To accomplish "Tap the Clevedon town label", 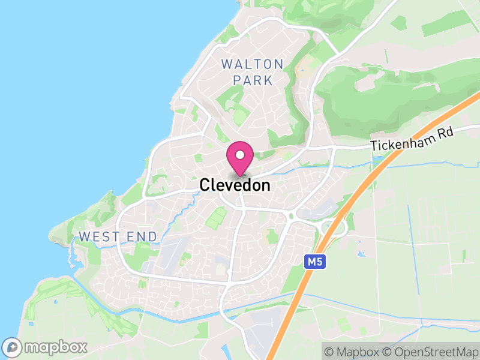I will click(x=235, y=185).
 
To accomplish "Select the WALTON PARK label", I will click(x=252, y=71).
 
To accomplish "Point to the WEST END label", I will click(x=118, y=236).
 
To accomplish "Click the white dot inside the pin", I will click(x=240, y=155).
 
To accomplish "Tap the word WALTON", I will click(x=252, y=64).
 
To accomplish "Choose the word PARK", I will click(x=252, y=80).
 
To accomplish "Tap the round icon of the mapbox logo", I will click(x=13, y=347).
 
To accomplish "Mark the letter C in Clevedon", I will click(x=205, y=185).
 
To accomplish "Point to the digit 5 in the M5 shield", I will click(x=317, y=262).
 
